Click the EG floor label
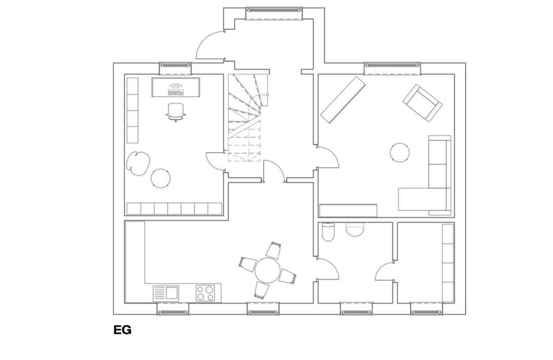(122, 330)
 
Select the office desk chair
(176, 112)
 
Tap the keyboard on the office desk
(176, 93)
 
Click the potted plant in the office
(138, 164)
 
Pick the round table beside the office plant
(161, 178)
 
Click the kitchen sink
(166, 293)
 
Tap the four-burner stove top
(206, 293)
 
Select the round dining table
(268, 270)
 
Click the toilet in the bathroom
(328, 232)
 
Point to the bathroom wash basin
(355, 229)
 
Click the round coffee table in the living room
(400, 153)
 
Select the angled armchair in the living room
(422, 103)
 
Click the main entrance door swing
(210, 45)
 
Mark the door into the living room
(328, 157)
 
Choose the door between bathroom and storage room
(384, 271)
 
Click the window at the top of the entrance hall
(274, 14)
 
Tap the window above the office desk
(175, 68)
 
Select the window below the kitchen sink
(173, 309)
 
